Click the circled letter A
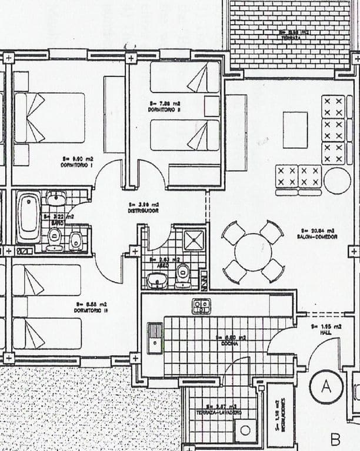tap(326, 386)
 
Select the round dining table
tap(253, 252)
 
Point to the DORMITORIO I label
tap(80, 162)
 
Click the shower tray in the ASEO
tap(194, 240)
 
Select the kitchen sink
tap(155, 338)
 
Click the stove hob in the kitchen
tap(201, 306)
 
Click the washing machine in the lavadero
tap(246, 430)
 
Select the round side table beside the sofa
tap(337, 181)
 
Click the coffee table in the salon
tap(295, 129)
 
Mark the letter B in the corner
tap(335, 439)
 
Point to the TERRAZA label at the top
tap(291, 35)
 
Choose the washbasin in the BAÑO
tap(56, 199)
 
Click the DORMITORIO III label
tap(90, 307)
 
